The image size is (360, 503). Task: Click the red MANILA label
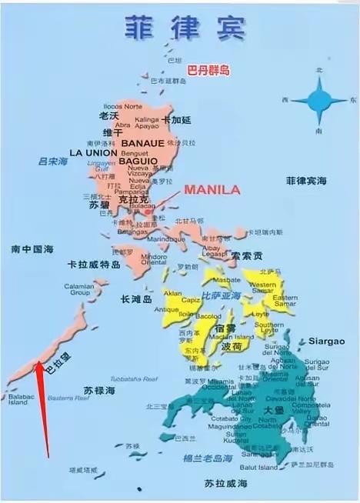(x=211, y=189)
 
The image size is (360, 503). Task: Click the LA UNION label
(x=92, y=153)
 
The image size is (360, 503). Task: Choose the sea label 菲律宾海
(x=306, y=181)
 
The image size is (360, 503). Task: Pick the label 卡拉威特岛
(x=94, y=265)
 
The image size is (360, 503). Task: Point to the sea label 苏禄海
(x=99, y=391)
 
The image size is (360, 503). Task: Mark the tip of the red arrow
(x=35, y=365)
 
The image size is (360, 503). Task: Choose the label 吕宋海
(x=53, y=162)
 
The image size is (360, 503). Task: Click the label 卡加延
(x=178, y=120)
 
